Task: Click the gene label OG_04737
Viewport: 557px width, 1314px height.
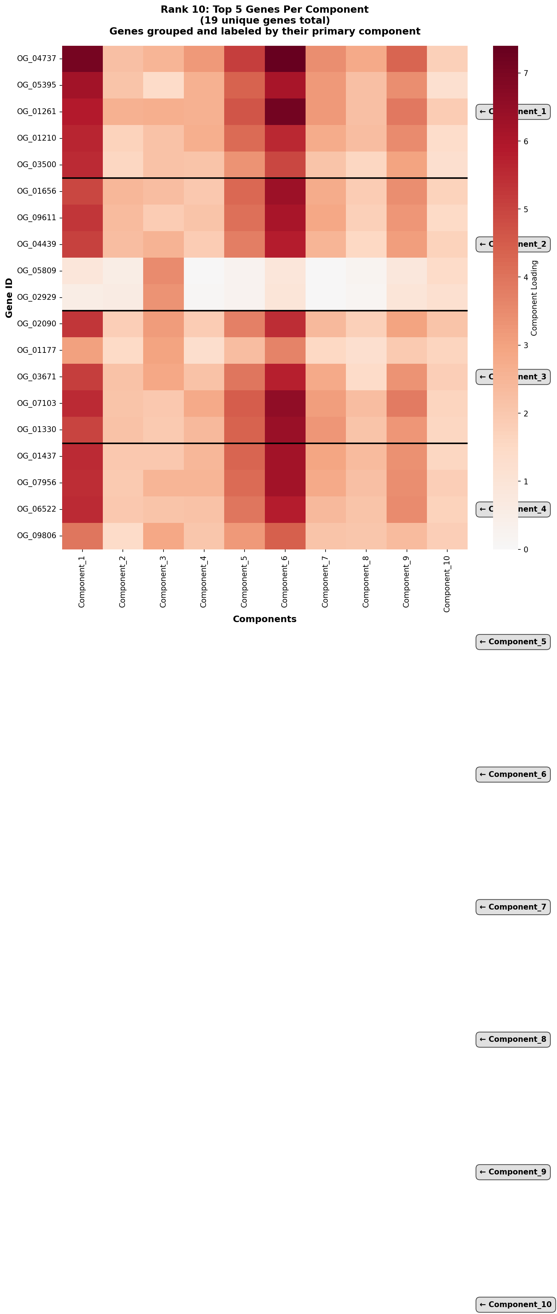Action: tap(36, 59)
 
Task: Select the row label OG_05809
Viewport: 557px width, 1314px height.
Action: tap(36, 270)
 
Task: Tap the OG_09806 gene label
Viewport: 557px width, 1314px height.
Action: tap(36, 536)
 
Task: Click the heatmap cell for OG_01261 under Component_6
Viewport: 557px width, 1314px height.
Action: tap(284, 112)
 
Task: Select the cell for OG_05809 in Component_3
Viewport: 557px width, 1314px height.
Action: tap(163, 270)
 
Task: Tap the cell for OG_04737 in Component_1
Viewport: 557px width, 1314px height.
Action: tap(82, 59)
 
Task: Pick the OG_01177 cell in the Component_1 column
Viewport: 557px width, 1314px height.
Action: tap(82, 350)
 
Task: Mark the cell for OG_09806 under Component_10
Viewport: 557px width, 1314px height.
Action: tap(447, 536)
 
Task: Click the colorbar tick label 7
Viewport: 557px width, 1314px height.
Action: tap(525, 73)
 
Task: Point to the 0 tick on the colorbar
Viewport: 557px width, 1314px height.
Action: tap(526, 549)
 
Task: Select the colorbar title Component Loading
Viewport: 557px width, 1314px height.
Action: tap(534, 298)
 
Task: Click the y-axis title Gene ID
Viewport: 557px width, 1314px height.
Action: tap(9, 298)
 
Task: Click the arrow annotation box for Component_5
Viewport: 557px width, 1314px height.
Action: tap(513, 642)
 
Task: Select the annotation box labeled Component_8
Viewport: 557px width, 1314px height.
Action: tap(513, 1039)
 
